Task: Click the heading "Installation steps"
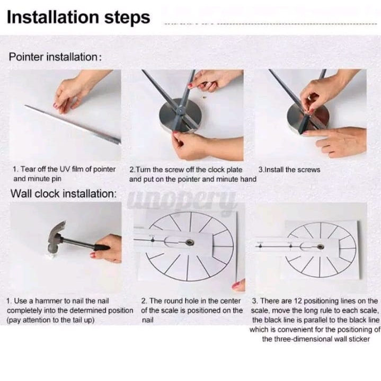[x=78, y=17]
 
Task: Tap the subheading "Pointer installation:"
[x=56, y=57]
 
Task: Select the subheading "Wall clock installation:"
[x=64, y=193]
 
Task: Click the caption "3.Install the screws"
[x=289, y=170]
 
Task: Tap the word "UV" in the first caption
[x=65, y=169]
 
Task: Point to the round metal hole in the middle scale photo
[x=189, y=242]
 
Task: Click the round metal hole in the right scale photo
[x=321, y=247]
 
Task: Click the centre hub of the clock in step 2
[x=181, y=110]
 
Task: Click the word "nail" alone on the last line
[x=147, y=320]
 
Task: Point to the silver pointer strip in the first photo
[x=73, y=124]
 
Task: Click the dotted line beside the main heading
[x=270, y=24]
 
